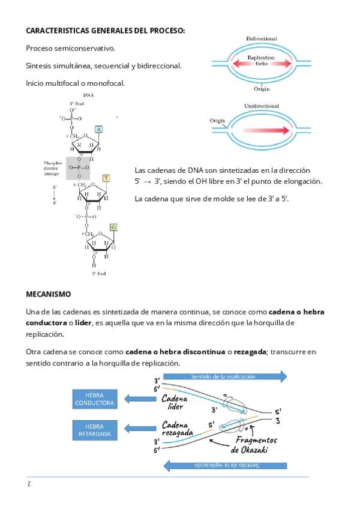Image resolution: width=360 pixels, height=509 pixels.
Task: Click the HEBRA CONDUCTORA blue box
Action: click(94, 399)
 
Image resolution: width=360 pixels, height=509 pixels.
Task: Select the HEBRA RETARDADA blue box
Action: click(94, 429)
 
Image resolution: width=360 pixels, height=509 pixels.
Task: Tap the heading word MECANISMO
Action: click(48, 294)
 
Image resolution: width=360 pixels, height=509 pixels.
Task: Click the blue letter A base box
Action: click(99, 129)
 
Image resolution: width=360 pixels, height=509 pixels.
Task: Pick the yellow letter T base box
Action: click(106, 178)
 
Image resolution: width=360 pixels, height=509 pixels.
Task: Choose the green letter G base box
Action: click(113, 227)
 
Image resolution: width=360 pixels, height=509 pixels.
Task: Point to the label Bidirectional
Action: click(262, 38)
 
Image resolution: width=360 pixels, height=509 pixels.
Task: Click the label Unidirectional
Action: click(262, 106)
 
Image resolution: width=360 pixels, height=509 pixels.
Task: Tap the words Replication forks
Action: click(261, 60)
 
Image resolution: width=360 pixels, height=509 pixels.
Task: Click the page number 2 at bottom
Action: click(28, 484)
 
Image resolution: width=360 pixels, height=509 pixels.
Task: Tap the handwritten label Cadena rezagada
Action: click(177, 428)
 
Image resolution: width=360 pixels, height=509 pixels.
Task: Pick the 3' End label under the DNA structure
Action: click(98, 274)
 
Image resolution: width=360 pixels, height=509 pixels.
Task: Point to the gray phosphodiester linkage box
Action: click(79, 167)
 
